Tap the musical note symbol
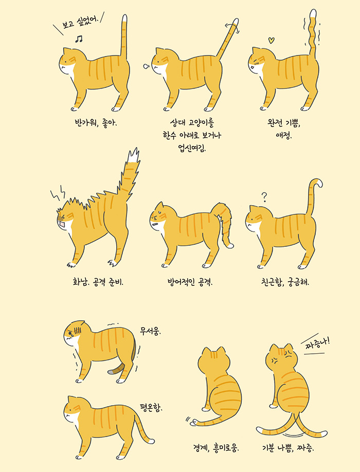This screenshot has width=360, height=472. click(x=79, y=39)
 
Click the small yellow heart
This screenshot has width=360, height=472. click(x=273, y=39)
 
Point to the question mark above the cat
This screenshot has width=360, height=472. click(x=264, y=196)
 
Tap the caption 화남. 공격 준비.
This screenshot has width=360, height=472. click(x=99, y=282)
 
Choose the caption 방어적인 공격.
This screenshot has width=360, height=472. click(x=190, y=282)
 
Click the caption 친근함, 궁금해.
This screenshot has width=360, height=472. click(x=284, y=282)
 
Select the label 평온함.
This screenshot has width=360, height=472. click(x=151, y=408)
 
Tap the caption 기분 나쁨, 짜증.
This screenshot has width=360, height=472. click(x=289, y=447)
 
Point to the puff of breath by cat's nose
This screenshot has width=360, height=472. click(x=146, y=65)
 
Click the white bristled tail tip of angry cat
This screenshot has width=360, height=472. click(x=135, y=155)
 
